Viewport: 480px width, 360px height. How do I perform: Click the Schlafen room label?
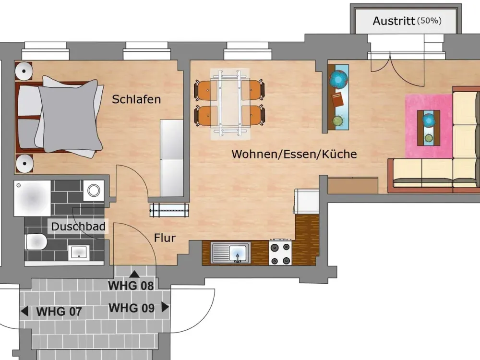[136, 99]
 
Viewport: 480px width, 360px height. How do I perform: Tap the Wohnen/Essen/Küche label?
[294, 154]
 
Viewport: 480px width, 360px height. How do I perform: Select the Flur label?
[165, 238]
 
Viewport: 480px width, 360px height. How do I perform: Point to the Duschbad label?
[78, 227]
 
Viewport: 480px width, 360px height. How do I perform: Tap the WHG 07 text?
[59, 312]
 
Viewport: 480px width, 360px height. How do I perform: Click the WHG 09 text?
[132, 308]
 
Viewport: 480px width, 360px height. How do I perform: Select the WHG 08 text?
[131, 286]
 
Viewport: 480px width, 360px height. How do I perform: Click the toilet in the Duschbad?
[36, 242]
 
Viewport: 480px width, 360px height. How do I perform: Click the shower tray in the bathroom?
[32, 198]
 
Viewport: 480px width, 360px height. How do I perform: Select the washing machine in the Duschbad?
[94, 191]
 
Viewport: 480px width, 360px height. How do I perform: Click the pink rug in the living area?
[429, 126]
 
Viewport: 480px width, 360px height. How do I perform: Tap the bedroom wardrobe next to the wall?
[172, 158]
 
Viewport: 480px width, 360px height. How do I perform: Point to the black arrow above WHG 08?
[134, 274]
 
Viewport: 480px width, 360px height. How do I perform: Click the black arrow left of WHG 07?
[24, 312]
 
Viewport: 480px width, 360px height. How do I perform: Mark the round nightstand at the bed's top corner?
[24, 72]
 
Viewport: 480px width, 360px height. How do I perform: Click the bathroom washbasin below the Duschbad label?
[79, 252]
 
